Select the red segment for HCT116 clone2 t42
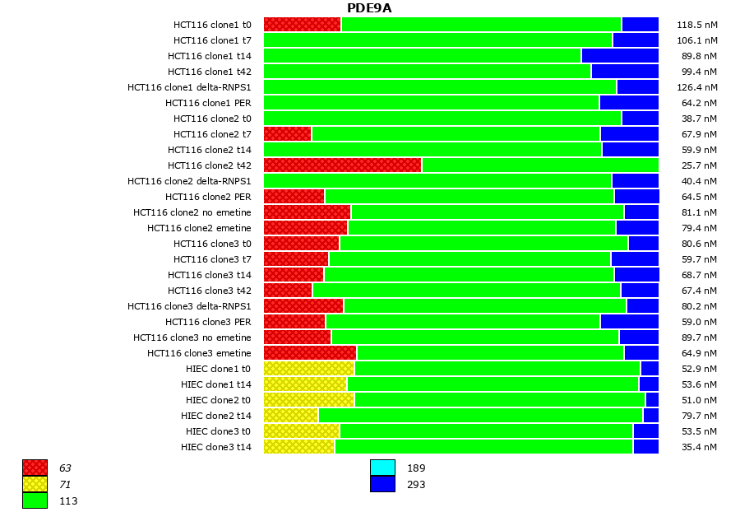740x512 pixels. (x=342, y=165)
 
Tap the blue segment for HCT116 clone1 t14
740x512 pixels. (x=620, y=56)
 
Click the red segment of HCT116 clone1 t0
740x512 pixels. (x=302, y=25)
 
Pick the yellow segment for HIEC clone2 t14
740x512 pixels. (x=291, y=416)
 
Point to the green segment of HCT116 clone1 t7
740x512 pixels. (x=437, y=40)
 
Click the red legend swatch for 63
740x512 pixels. (x=35, y=468)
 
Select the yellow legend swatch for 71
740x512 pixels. (x=35, y=484)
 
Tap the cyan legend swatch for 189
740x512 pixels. (x=382, y=468)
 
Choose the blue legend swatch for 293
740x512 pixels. (x=382, y=484)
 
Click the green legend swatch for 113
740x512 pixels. (x=35, y=500)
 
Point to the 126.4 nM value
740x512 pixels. (x=696, y=87)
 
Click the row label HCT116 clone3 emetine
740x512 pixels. (x=199, y=353)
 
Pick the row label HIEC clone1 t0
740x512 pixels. (x=215, y=369)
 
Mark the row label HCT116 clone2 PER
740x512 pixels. (x=208, y=197)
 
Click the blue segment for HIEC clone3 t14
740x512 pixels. (x=645, y=447)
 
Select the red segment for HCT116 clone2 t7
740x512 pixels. (x=287, y=134)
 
